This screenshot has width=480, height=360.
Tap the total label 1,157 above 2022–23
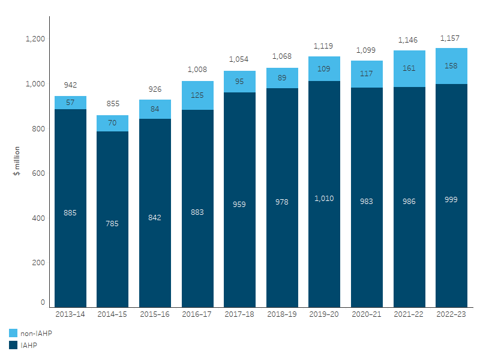coord(451,38)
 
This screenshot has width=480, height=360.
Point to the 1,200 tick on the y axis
coord(35,39)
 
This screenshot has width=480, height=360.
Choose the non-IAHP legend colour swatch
coord(13,332)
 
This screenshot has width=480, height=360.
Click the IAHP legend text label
coord(28,344)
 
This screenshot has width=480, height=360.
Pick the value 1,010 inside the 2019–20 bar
coord(324,199)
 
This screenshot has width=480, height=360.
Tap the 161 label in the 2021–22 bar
coord(409,68)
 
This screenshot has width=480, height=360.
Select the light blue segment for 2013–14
coord(70,103)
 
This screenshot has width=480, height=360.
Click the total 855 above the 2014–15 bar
coord(113,104)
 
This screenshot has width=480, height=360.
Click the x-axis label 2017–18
coord(239,313)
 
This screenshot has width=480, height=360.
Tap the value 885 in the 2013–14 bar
coord(70,212)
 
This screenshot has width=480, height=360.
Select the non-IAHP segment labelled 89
coord(282,78)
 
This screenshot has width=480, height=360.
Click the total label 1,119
coord(324,46)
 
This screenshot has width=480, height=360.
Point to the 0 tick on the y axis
coord(43,302)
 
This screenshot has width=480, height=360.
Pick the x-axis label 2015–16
coord(155,313)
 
